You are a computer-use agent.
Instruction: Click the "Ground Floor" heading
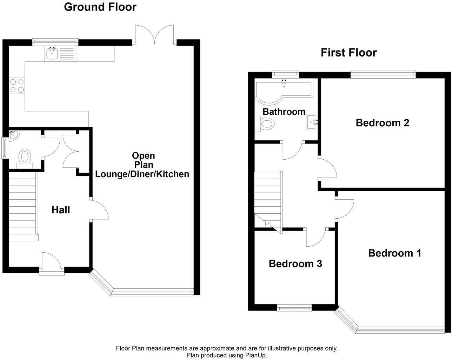coord(100,7)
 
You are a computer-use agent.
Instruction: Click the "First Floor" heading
coord(348,53)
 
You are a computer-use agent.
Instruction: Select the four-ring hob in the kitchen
coord(17,86)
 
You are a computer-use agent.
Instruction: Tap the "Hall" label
coord(61,210)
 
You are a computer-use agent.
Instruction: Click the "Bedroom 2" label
coord(382,123)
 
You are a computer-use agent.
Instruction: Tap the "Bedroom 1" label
coord(394,253)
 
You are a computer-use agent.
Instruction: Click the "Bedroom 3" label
coord(295,264)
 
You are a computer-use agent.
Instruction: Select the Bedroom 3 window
coord(294,308)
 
